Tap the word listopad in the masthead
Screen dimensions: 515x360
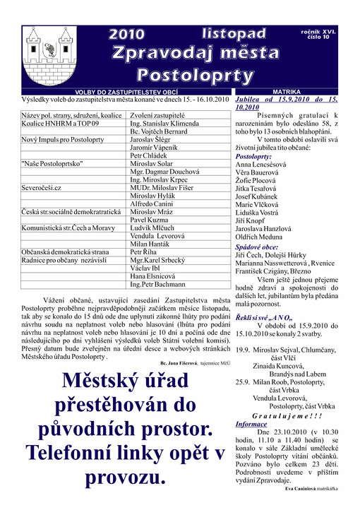(234, 34)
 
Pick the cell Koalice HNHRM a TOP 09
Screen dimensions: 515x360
(64, 123)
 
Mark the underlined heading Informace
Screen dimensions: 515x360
(251, 425)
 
